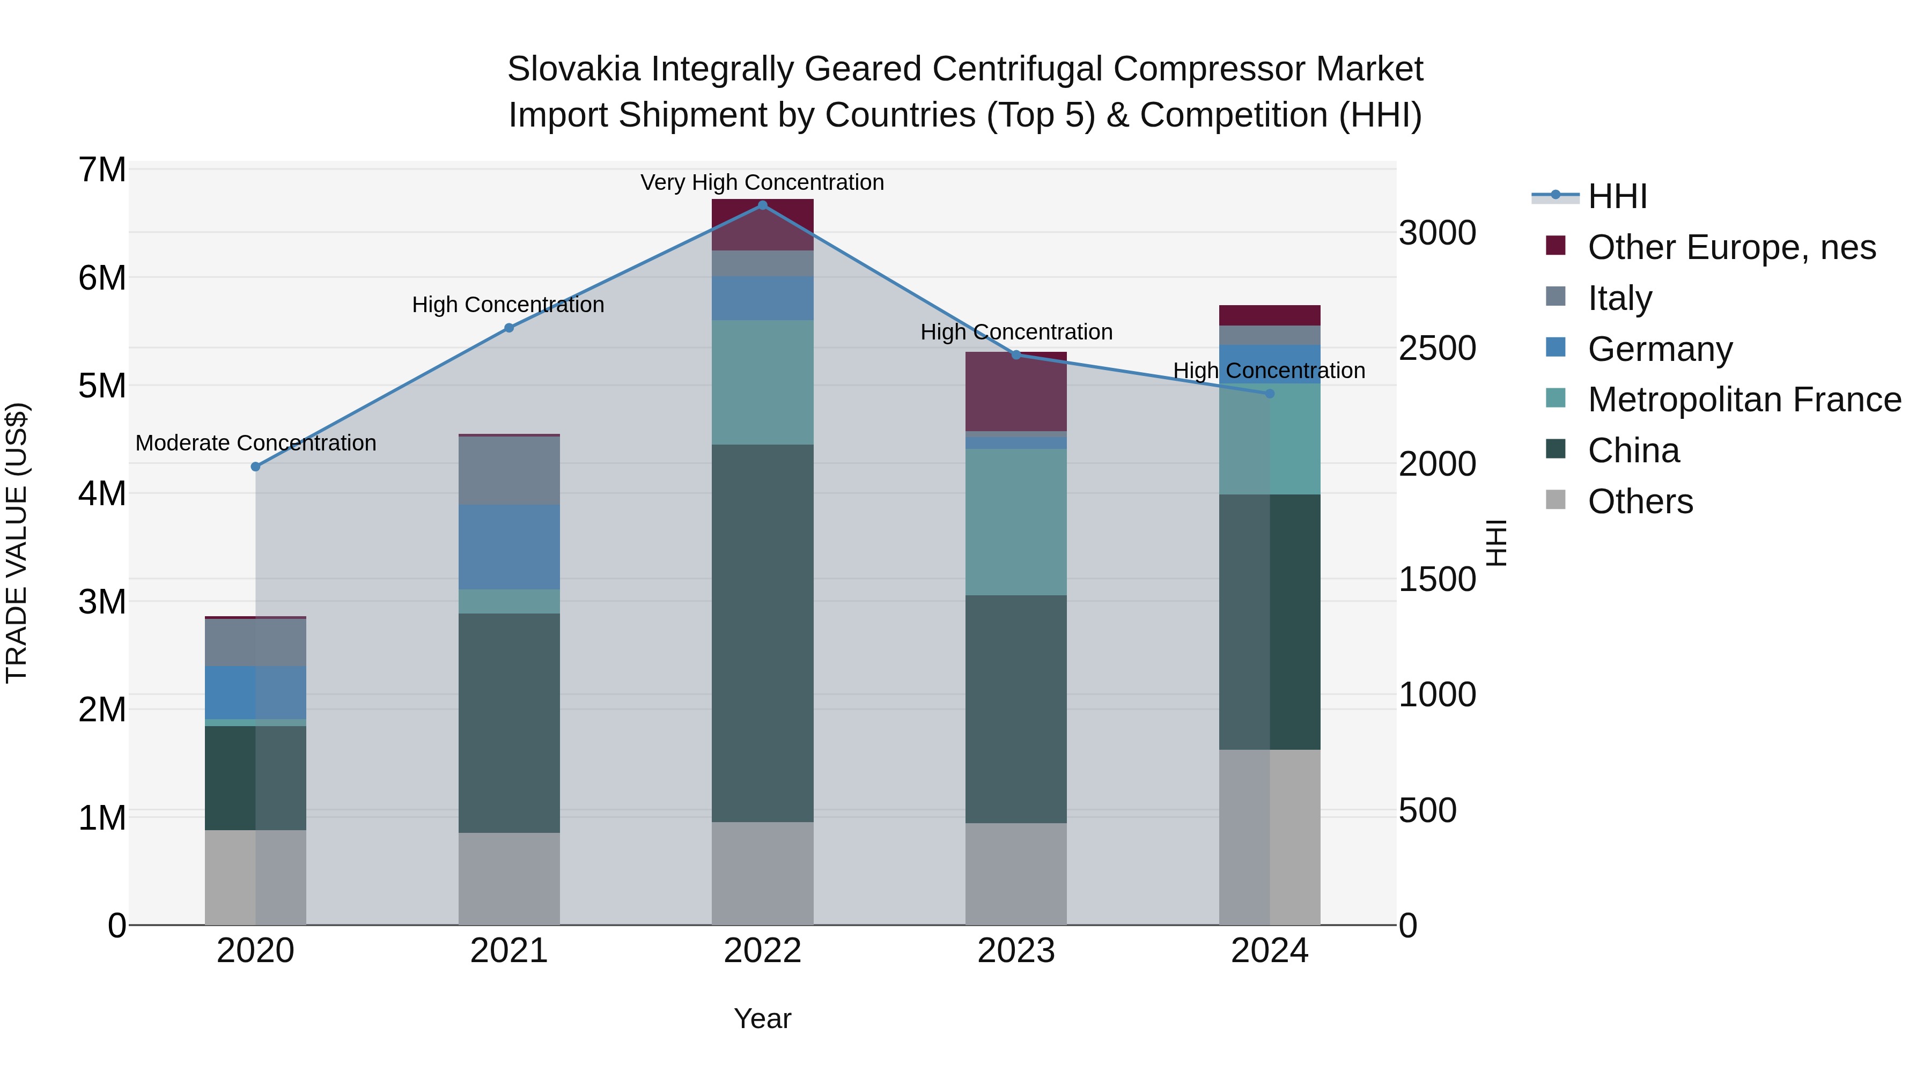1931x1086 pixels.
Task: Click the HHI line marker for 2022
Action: (762, 205)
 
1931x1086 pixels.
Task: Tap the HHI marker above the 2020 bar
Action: (256, 466)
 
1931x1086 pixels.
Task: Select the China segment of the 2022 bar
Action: (762, 633)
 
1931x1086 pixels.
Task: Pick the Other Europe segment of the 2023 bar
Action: (1016, 392)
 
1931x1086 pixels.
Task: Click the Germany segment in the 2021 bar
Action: (509, 547)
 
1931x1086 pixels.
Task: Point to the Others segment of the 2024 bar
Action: (1270, 837)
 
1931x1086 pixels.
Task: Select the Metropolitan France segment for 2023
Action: (1016, 522)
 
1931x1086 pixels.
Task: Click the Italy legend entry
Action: (1619, 298)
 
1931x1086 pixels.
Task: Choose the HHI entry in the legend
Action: (1617, 196)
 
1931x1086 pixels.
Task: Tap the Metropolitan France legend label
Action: (1744, 400)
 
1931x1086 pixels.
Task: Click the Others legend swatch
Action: (1556, 500)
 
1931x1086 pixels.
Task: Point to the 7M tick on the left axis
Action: (102, 170)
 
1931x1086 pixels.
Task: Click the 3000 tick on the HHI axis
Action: (1437, 233)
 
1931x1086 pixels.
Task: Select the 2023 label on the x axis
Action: (1016, 951)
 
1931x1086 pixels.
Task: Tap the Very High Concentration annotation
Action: (762, 182)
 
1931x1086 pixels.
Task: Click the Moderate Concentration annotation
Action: (256, 443)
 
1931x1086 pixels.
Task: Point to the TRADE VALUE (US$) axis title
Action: (17, 543)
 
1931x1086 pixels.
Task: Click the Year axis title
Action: (762, 1018)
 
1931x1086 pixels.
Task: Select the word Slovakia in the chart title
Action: (573, 69)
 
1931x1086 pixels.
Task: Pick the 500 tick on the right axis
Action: (1427, 810)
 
